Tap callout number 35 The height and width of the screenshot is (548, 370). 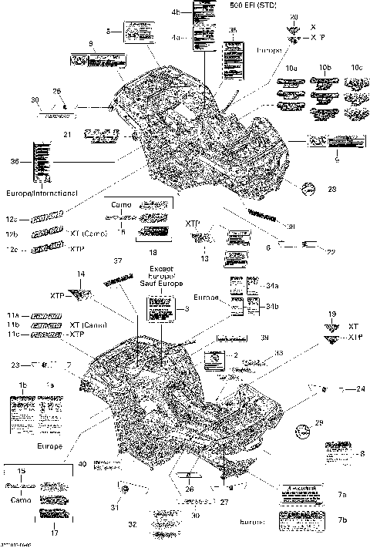(x=234, y=29)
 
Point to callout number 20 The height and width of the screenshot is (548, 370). (x=293, y=17)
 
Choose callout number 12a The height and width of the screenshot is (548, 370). (x=12, y=219)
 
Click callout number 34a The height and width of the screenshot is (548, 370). (x=271, y=286)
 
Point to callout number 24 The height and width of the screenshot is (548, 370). (x=361, y=390)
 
